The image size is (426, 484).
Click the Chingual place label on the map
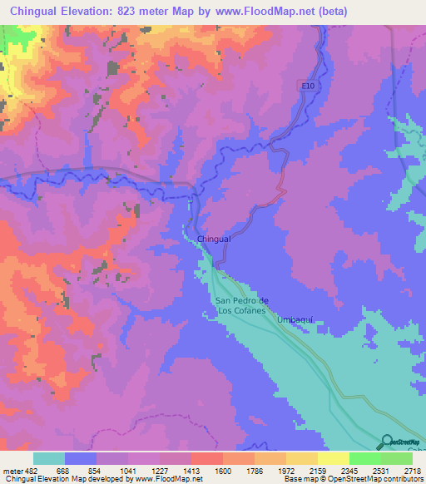coord(214,240)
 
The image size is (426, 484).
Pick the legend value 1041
coord(127,471)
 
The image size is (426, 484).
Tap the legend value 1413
coord(191,471)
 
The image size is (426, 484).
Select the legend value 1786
coord(254,471)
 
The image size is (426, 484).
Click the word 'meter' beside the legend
coord(12,471)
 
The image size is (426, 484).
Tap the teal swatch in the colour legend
coord(49,458)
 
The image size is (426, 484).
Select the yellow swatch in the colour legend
coord(334,458)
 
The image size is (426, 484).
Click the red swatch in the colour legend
coord(207,458)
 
